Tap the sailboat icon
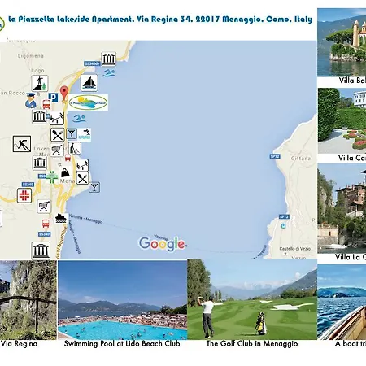[x=91, y=82]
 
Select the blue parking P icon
[x=51, y=97]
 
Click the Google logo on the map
[x=162, y=242]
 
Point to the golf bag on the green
[x=260, y=323]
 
